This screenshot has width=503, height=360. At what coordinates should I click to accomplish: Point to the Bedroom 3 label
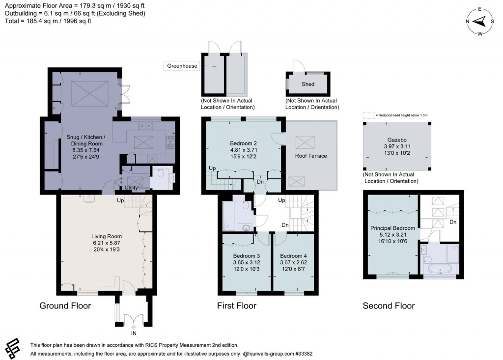(x=246, y=256)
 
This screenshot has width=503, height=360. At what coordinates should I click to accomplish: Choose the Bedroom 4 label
(x=293, y=256)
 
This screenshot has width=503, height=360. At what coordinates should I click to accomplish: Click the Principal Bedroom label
(x=392, y=228)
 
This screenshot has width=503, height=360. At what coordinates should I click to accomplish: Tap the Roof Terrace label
(x=310, y=156)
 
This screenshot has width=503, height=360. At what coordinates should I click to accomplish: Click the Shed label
(x=308, y=84)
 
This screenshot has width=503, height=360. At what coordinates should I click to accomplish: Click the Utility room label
(x=131, y=188)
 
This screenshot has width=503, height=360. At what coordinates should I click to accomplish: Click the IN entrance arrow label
(x=134, y=334)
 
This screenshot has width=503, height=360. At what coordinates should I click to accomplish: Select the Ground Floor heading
(x=65, y=306)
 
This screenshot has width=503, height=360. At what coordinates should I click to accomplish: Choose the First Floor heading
(x=237, y=306)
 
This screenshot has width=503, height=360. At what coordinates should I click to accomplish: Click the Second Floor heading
(x=389, y=306)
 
